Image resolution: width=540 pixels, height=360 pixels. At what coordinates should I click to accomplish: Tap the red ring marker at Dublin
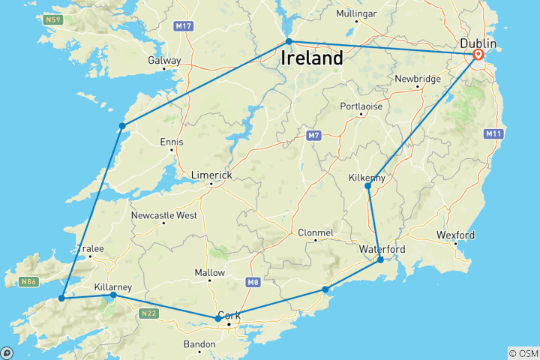[x=478, y=55]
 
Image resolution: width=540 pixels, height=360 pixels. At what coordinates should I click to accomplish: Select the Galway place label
[x=164, y=60]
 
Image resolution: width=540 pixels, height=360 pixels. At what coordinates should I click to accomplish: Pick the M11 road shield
[x=493, y=133]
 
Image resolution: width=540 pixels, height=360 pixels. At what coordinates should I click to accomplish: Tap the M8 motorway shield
[x=252, y=282]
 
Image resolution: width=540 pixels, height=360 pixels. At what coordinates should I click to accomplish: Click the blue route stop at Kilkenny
[x=367, y=186]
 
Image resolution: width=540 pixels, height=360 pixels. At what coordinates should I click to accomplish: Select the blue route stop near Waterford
[x=380, y=259]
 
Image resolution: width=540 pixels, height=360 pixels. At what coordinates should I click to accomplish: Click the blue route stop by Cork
[x=218, y=319]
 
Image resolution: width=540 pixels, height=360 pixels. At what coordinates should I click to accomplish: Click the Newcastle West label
[x=163, y=215]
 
